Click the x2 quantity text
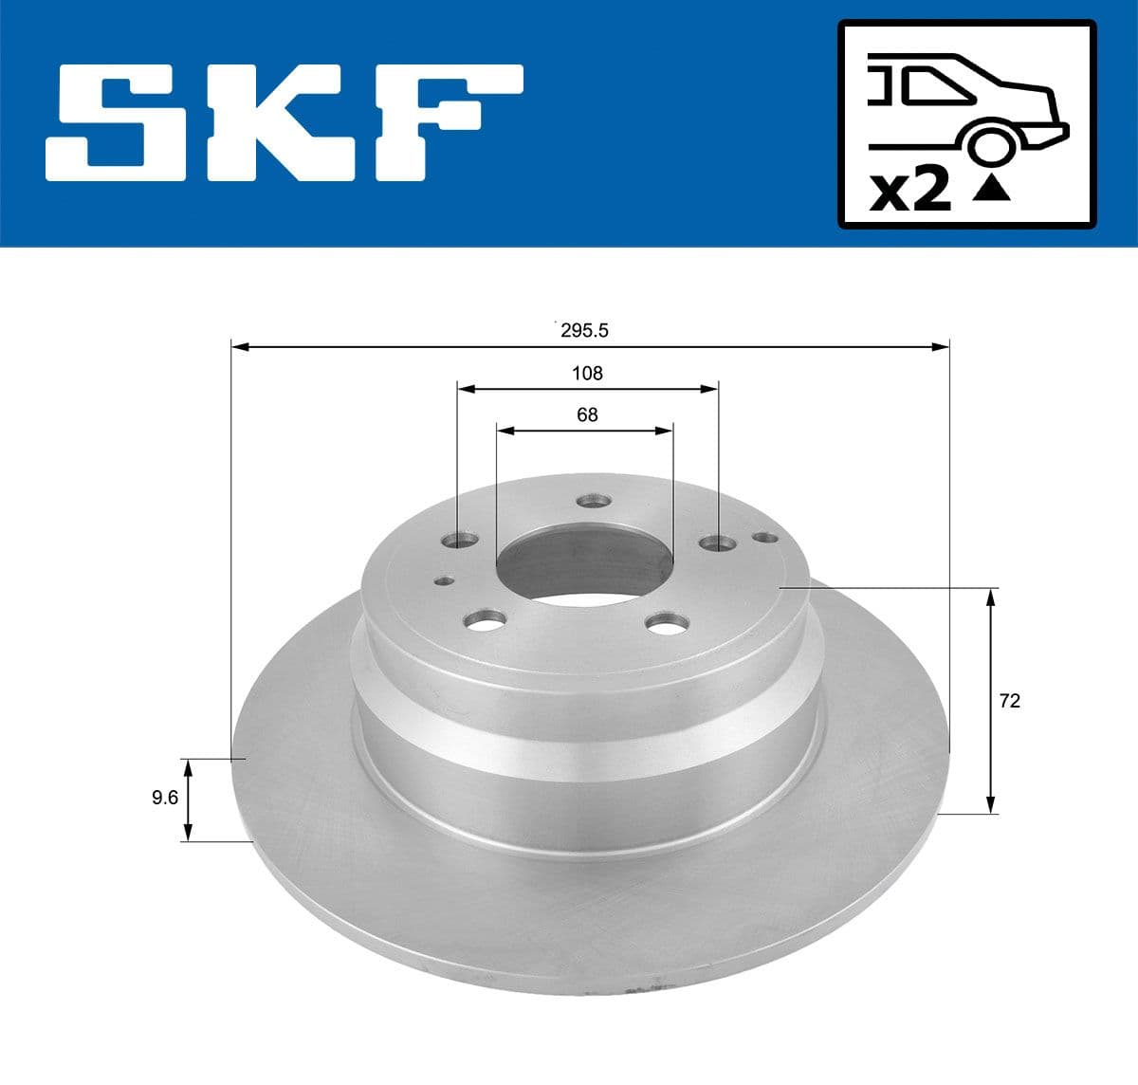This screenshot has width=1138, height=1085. (909, 191)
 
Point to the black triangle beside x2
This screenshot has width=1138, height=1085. (991, 190)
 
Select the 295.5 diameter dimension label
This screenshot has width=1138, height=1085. (583, 330)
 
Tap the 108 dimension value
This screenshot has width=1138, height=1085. (587, 373)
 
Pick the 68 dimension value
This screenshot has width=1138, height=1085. (587, 414)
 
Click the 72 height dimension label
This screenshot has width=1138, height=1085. (1010, 701)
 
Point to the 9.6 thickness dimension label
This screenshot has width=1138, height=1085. (165, 798)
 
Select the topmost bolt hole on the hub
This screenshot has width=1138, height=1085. (595, 500)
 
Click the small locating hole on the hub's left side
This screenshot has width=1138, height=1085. (442, 581)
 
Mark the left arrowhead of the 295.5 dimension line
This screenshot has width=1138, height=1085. (239, 347)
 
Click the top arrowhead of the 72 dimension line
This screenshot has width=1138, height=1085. (991, 596)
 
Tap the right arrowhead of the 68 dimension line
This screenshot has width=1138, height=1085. (665, 431)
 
